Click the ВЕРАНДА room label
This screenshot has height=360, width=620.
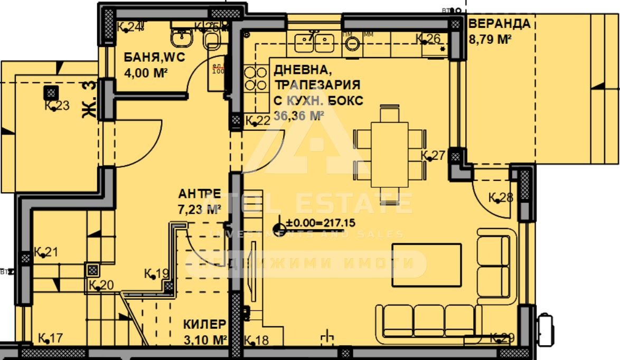(x=499, y=24)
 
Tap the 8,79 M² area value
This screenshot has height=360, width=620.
(x=490, y=39)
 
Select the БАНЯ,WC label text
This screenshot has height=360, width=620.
(x=154, y=58)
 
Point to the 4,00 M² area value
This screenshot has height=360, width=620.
(x=146, y=73)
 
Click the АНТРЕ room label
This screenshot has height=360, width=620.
(x=199, y=194)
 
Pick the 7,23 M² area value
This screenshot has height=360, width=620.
(x=199, y=210)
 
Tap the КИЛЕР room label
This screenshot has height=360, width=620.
(x=204, y=324)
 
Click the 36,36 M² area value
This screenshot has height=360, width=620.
(x=298, y=116)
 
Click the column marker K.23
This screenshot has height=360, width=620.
(x=51, y=93)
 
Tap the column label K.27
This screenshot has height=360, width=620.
(x=433, y=155)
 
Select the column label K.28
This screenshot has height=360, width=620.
(x=501, y=198)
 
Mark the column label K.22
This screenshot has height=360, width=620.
(x=258, y=121)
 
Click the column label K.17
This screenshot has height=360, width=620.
(x=51, y=338)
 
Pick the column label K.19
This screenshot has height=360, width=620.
(x=156, y=273)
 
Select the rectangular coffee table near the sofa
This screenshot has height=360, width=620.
(x=426, y=265)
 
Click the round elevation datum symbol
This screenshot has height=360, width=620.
(x=278, y=229)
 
